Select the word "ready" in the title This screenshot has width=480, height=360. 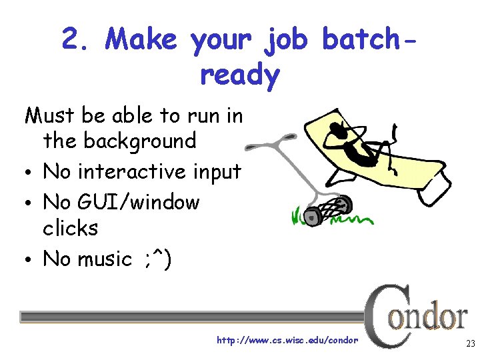239,76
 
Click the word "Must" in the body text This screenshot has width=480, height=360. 51,116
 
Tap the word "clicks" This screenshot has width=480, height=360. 70,229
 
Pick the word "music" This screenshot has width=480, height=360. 103,259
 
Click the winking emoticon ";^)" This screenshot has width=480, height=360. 157,259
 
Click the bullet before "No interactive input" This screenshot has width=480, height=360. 29,173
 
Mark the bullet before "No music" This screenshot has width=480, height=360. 29,260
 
